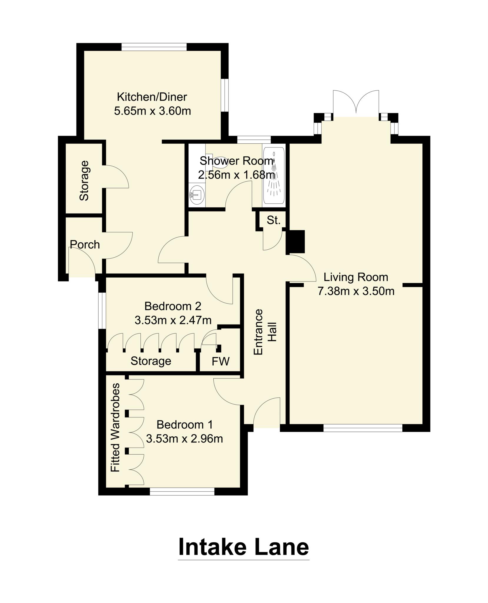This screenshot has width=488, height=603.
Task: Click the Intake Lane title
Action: (x=243, y=547)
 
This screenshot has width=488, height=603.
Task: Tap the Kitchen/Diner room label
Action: (x=152, y=97)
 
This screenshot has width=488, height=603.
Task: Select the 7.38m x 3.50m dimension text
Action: (x=356, y=291)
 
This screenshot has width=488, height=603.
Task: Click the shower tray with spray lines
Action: (x=274, y=176)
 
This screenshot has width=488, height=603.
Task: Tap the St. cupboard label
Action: (x=274, y=220)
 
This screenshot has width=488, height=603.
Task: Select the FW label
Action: (x=220, y=361)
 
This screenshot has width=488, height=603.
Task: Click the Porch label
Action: (x=85, y=244)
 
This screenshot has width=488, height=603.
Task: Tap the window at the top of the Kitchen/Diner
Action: (x=154, y=47)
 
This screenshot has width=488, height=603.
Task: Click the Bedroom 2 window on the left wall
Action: (x=102, y=310)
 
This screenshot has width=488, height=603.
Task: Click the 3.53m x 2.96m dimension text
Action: (x=184, y=439)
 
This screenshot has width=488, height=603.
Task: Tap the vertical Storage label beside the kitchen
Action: (x=84, y=180)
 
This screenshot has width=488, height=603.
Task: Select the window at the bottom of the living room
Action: (x=363, y=428)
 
